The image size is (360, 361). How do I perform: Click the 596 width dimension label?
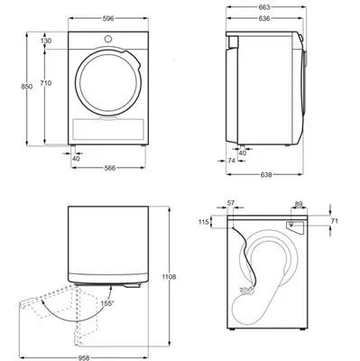tap(108, 19)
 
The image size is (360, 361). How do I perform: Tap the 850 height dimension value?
tap(27, 87)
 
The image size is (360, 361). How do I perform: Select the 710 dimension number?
tap(46, 83)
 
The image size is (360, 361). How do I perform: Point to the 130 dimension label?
tap(46, 41)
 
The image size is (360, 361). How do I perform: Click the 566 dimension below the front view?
tap(110, 168)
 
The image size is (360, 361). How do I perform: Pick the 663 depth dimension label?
tap(264, 7)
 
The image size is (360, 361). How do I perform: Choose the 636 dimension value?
tap(264, 19)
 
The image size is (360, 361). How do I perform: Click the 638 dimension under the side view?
tap(266, 174)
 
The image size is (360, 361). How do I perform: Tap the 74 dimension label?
tap(231, 161)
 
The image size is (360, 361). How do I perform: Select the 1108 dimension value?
tap(169, 277)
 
